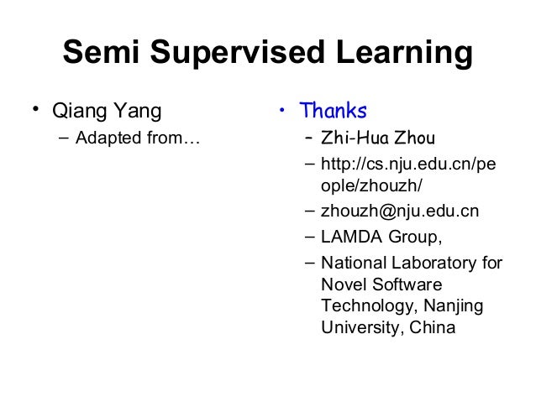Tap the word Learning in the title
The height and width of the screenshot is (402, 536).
pos(402,54)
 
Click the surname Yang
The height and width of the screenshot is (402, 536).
pos(139,111)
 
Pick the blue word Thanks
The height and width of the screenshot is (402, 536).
pos(334,110)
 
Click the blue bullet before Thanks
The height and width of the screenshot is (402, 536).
pos(284,109)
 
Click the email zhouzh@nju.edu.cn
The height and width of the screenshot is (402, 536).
pos(400,211)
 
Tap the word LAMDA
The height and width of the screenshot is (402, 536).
pos(351,236)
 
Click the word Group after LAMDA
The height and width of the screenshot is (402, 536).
pos(413,236)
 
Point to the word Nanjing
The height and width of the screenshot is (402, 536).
pos(453,306)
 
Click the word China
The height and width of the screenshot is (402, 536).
pos(433,327)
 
